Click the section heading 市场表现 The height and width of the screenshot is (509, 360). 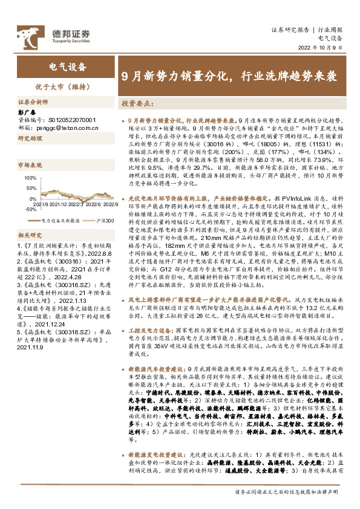pos(28,164)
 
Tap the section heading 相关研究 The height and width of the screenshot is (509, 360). pos(28,235)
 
